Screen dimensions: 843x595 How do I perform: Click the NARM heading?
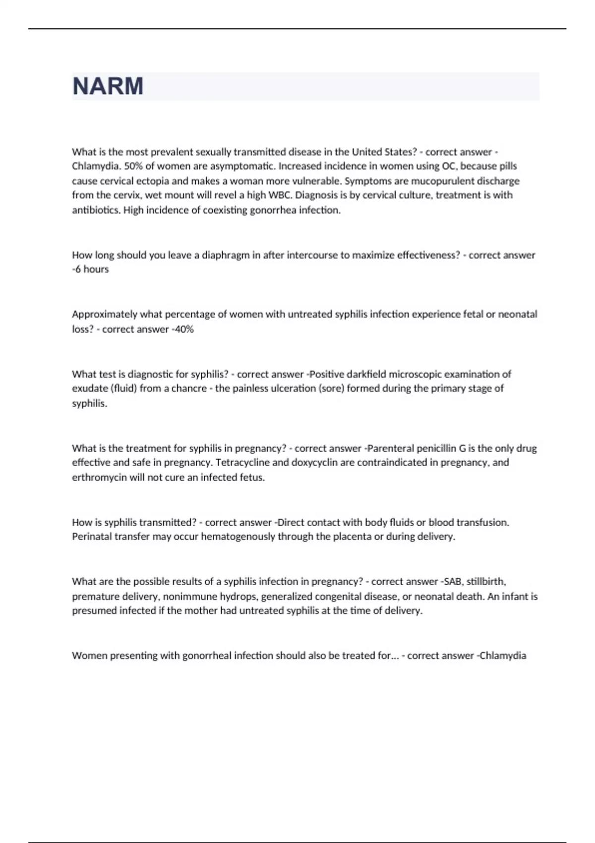[108, 86]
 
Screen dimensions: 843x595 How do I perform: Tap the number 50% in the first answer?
[134, 166]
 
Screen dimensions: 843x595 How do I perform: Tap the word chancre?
[189, 389]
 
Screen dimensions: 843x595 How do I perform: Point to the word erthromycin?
[99, 478]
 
